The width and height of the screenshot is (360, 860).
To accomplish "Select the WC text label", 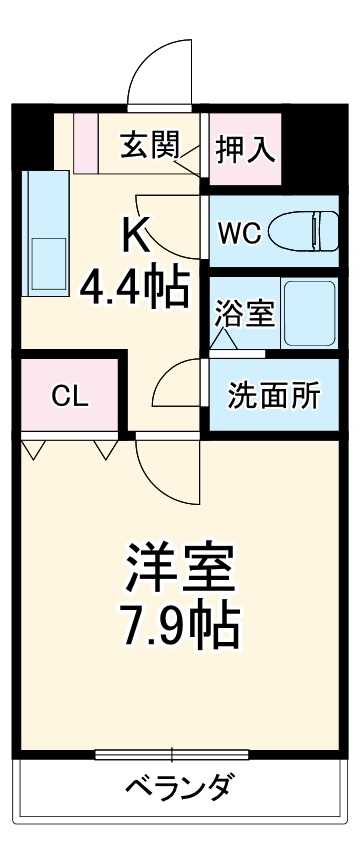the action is pyautogui.click(x=240, y=232).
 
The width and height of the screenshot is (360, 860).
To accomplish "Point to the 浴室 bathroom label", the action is pyautogui.click(x=244, y=313).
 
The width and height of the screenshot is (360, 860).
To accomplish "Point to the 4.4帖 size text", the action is pyautogui.click(x=136, y=289).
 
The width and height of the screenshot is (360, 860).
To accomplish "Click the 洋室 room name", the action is pyautogui.click(x=180, y=568).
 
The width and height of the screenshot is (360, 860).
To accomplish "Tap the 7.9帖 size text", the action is pyautogui.click(x=180, y=625).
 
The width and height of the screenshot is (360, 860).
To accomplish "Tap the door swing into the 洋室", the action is pyautogui.click(x=160, y=470).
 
